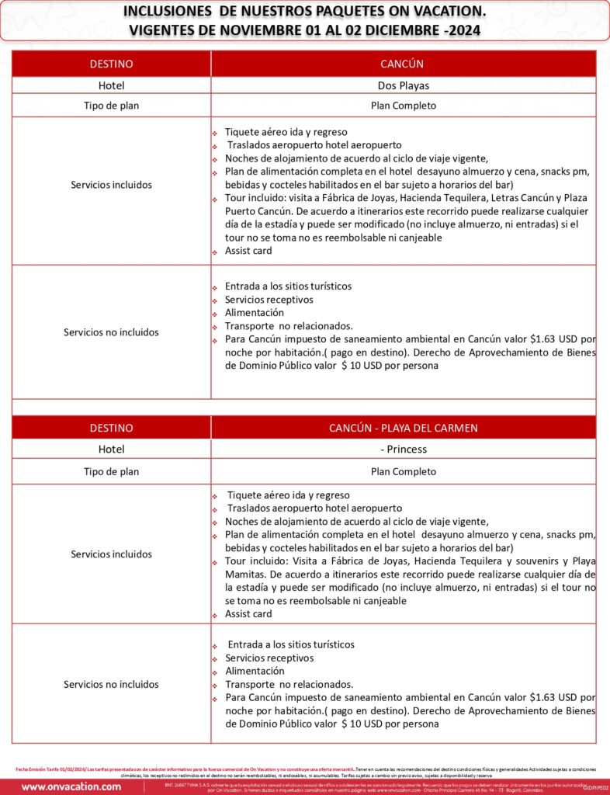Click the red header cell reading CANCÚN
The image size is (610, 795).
(x=402, y=64)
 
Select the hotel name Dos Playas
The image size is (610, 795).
(x=403, y=86)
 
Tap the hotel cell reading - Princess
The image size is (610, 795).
(x=403, y=449)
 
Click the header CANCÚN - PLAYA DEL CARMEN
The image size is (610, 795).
(x=403, y=428)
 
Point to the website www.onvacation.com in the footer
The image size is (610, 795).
(x=71, y=786)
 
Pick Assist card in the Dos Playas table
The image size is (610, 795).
(x=248, y=251)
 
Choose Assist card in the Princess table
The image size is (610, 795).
(x=248, y=614)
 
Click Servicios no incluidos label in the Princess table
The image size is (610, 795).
(x=111, y=684)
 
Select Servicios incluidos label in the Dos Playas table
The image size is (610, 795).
(x=111, y=185)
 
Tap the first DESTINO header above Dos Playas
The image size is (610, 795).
(x=111, y=64)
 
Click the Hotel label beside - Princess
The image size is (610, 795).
(x=111, y=449)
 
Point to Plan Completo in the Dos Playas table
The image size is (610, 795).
(x=403, y=106)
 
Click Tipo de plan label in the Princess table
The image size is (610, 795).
(x=111, y=471)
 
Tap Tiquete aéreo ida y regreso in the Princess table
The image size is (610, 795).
(x=288, y=495)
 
